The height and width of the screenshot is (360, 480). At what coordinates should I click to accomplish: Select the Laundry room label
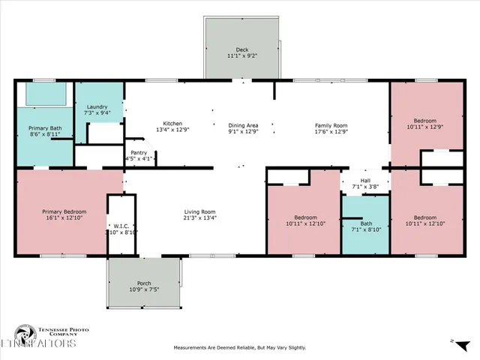coord(98,106)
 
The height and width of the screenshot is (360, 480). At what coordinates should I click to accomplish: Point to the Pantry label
coord(139,152)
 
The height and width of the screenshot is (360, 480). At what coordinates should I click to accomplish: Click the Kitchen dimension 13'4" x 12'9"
coord(172,130)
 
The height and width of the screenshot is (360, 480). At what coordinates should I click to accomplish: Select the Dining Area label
coord(243,124)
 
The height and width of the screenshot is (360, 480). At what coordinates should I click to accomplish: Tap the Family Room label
coord(331,124)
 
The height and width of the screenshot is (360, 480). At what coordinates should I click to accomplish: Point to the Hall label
coord(365,180)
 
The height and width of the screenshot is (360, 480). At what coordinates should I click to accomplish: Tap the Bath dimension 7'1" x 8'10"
coord(365,229)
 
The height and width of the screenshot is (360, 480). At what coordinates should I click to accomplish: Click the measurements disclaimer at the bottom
coord(240,348)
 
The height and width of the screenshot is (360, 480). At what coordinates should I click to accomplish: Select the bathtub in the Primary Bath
coord(44,94)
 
